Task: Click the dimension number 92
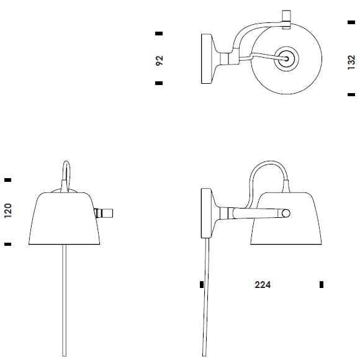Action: tap(159, 60)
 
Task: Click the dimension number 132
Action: tap(352, 61)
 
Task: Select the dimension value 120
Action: tap(8, 211)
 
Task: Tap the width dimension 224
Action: tap(263, 286)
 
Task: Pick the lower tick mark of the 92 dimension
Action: tap(159, 83)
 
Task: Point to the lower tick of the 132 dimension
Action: tap(349, 95)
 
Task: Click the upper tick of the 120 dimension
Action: tap(8, 180)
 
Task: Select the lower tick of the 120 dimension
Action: tap(8, 245)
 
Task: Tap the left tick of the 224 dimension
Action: tap(202, 285)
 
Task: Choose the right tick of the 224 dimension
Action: tap(322, 285)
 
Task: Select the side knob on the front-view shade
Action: tap(104, 213)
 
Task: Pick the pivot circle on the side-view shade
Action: tap(285, 214)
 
